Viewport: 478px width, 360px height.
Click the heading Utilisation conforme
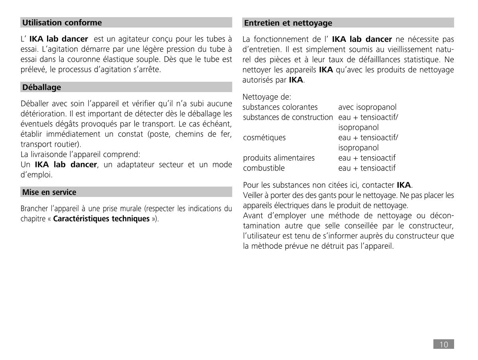coord(62,23)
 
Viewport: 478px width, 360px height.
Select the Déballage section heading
coord(42,87)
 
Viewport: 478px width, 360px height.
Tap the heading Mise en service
coord(49,192)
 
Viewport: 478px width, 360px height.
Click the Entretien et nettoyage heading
coord(288,23)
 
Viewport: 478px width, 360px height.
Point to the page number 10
coord(443,344)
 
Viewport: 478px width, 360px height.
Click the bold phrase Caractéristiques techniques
coord(101,219)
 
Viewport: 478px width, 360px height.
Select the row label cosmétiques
coord(264,138)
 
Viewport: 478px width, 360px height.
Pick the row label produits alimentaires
coord(279,158)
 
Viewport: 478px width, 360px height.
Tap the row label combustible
coord(264,168)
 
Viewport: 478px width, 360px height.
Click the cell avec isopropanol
coord(367,107)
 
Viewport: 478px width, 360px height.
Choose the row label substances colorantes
coord(280,107)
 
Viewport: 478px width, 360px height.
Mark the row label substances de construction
coord(288,117)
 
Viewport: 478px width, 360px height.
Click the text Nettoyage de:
coord(267,97)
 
